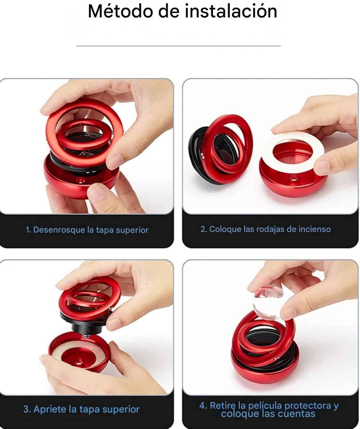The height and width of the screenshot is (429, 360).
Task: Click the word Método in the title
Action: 120,11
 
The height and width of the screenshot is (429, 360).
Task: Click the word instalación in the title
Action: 231,11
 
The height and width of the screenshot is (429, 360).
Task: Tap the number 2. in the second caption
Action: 204,229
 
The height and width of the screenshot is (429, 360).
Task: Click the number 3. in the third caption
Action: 27,409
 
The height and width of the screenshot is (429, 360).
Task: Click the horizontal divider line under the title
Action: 179,46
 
